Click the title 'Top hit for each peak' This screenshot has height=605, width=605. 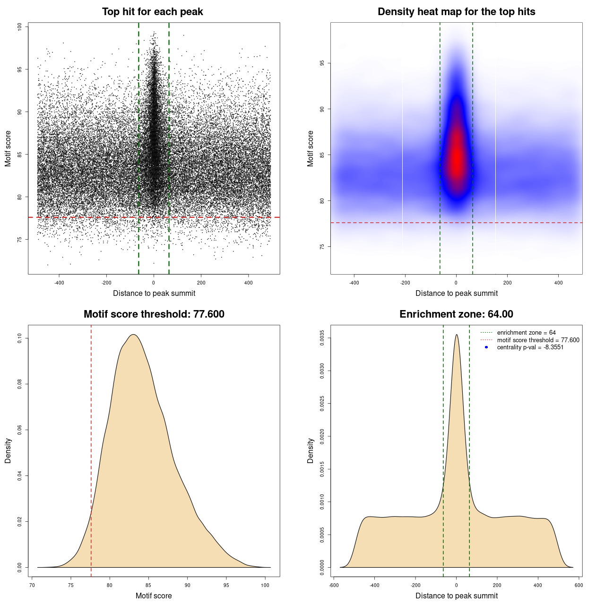[x=152, y=12]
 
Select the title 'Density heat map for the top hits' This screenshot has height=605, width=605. [x=456, y=12]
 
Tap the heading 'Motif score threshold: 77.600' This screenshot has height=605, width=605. [x=154, y=314]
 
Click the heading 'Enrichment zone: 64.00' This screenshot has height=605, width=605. [x=456, y=314]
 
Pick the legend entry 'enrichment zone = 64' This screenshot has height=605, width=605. [x=526, y=333]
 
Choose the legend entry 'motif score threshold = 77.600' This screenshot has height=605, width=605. [x=538, y=340]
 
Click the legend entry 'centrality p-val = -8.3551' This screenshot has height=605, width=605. [x=530, y=347]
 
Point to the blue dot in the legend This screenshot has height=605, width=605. [x=486, y=347]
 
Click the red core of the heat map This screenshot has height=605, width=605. [x=457, y=156]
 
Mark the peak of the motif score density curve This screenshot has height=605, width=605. [x=134, y=335]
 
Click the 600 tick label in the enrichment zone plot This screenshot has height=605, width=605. [x=579, y=585]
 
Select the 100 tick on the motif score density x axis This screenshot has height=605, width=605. [x=265, y=585]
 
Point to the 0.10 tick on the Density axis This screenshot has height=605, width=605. [x=19, y=338]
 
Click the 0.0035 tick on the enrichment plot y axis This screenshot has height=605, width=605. [x=322, y=338]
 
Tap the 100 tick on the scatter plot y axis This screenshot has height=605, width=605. [x=19, y=27]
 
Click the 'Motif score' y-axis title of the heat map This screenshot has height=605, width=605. [x=311, y=148]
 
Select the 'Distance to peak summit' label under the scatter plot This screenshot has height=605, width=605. [x=154, y=294]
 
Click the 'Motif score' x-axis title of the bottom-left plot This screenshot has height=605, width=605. [x=154, y=596]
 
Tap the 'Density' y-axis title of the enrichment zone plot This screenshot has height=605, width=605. [x=311, y=450]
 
